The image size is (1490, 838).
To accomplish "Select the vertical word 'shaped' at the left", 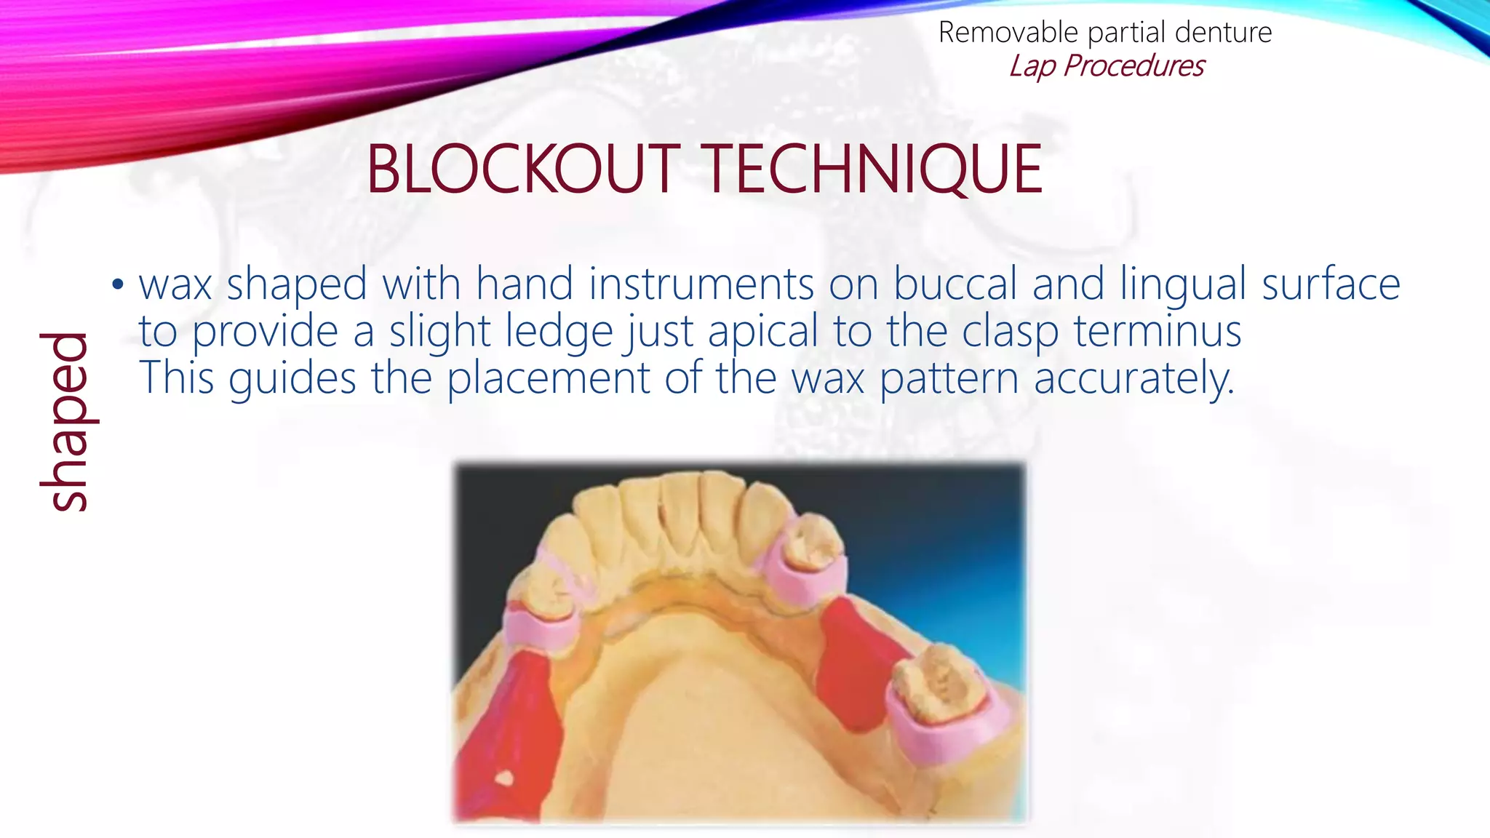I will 65,422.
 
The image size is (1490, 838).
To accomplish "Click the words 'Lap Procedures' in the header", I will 1106,66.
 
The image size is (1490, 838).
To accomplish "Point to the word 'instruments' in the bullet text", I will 701,284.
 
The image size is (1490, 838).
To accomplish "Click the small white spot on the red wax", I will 503,778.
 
